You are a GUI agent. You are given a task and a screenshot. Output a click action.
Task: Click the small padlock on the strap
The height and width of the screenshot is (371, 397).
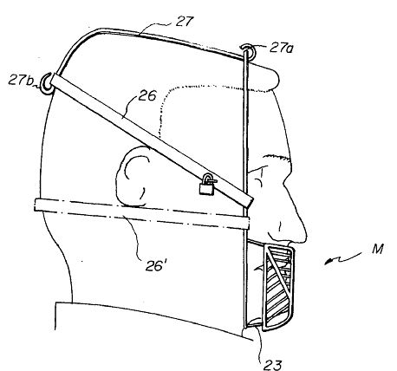tap(207, 186)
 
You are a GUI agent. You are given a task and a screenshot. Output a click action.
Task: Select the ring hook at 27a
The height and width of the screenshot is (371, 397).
tap(249, 49)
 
